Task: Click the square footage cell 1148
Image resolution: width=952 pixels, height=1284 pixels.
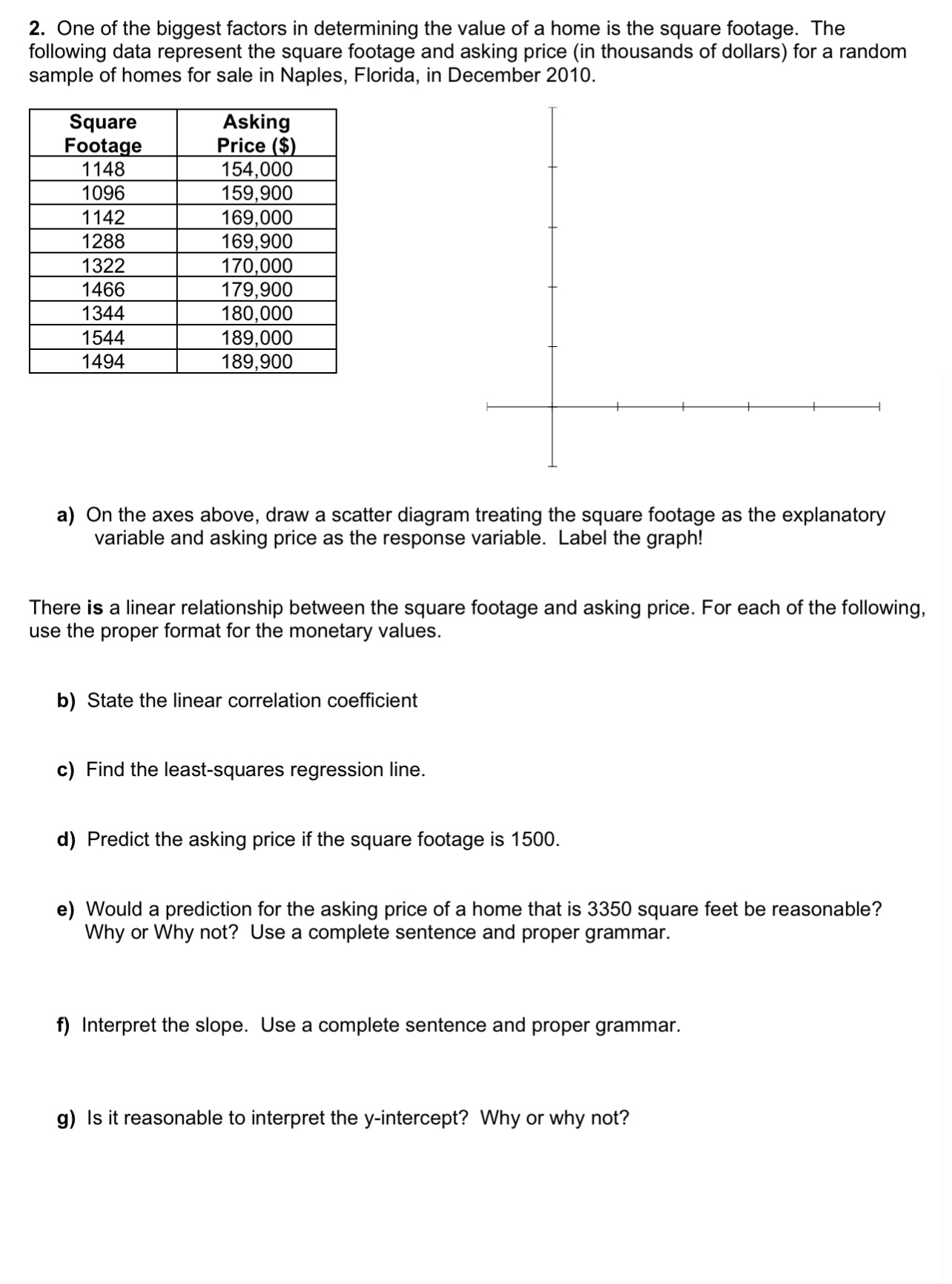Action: point(103,169)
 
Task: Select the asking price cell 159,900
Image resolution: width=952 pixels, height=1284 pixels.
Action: point(257,193)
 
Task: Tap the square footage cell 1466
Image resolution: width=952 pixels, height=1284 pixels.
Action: point(103,290)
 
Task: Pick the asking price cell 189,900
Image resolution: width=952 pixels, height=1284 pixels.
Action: point(257,362)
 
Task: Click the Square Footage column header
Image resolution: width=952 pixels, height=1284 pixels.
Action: point(103,133)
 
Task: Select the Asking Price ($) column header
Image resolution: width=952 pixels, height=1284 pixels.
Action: point(257,133)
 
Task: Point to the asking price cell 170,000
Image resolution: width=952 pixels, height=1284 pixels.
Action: point(257,265)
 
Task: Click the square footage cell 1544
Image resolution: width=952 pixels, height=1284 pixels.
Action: point(103,338)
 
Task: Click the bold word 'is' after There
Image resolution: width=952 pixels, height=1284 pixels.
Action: point(95,609)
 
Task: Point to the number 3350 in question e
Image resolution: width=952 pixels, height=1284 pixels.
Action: point(609,910)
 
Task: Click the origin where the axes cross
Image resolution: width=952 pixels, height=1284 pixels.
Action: point(552,406)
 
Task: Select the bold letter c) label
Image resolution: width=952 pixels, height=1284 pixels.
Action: point(66,770)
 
